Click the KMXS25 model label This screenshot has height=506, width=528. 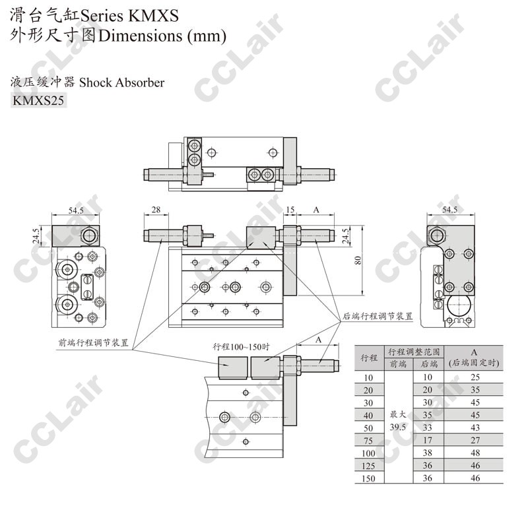[38, 100]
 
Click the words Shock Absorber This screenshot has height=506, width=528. [122, 82]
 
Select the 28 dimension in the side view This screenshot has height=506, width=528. [156, 210]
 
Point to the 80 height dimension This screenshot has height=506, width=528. [358, 260]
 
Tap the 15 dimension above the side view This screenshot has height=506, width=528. [290, 210]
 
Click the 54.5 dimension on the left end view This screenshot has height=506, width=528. [76, 210]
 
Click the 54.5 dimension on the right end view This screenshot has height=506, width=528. [450, 210]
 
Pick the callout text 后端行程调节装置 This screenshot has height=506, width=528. [378, 316]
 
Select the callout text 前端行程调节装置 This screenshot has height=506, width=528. [94, 342]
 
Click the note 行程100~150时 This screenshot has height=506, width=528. [241, 347]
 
